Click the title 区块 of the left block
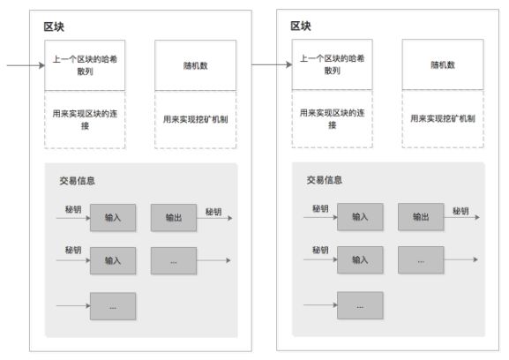click(54, 25)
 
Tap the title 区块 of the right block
click(301, 25)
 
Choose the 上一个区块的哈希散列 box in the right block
click(332, 64)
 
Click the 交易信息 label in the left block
click(77, 180)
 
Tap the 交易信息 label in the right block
click(324, 180)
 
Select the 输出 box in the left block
click(173, 217)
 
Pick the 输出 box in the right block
click(420, 217)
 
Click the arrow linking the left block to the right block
click(272, 64)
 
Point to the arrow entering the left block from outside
click(23, 64)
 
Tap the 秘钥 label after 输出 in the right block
click(460, 211)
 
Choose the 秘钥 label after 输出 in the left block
click(213, 211)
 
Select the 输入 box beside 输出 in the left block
click(113, 217)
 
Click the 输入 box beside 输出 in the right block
click(360, 217)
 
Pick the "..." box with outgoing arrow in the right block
click(420, 259)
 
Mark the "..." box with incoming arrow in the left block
click(113, 305)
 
